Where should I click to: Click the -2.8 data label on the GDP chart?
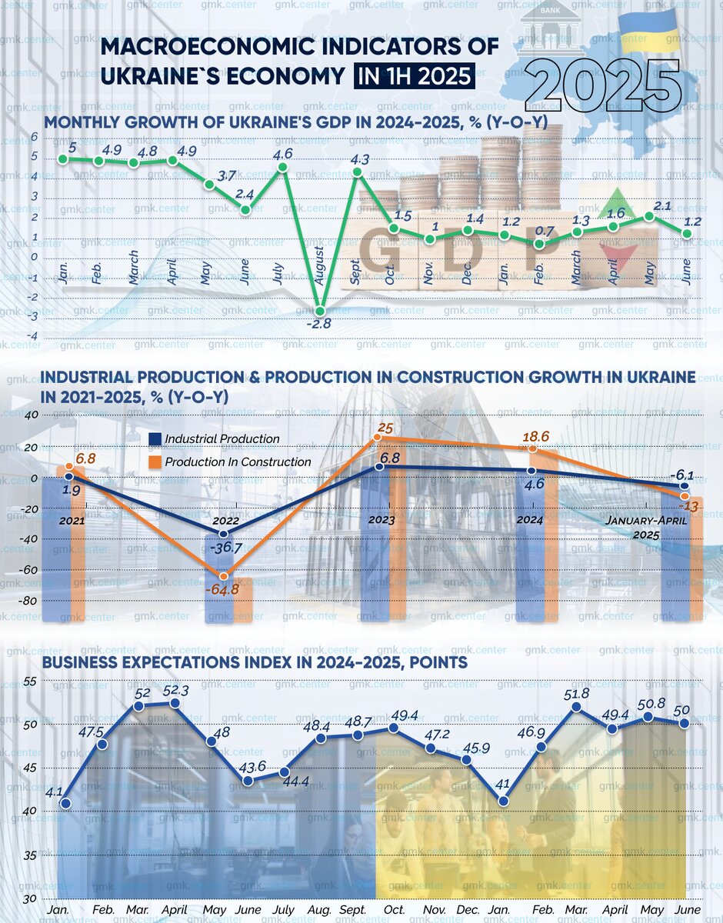tap(318, 325)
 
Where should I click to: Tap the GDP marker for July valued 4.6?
tap(282, 167)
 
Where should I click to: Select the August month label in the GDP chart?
tap(321, 265)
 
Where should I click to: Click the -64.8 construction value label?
tap(222, 590)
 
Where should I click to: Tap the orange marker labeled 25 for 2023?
tap(377, 438)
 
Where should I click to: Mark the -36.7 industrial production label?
tap(226, 548)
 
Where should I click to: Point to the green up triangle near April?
tap(625, 203)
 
